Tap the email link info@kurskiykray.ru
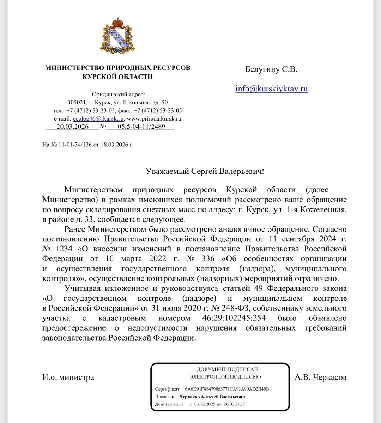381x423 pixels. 271,88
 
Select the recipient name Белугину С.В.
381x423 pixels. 271,69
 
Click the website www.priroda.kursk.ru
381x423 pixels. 154,119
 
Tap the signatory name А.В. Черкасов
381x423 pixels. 321,378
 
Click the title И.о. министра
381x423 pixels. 68,378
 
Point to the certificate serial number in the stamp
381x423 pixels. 227,389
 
